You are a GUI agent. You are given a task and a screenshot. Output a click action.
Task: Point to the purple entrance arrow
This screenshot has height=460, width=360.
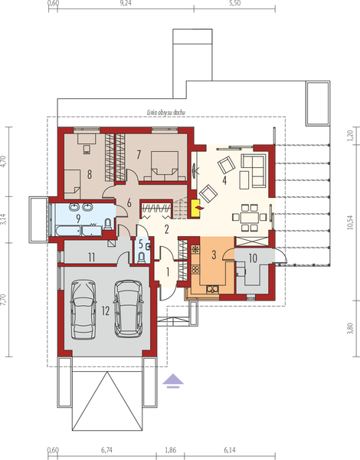(175, 378)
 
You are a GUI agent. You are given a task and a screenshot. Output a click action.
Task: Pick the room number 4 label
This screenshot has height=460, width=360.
(224, 180)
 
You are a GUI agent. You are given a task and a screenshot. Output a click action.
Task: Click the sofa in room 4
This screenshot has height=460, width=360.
(253, 164)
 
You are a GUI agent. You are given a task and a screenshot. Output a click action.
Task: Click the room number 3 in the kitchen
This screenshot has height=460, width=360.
(214, 254)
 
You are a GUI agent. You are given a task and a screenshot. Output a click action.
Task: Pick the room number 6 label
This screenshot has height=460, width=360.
(130, 204)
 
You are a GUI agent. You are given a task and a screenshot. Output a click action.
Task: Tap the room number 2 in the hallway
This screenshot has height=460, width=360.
(166, 228)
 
